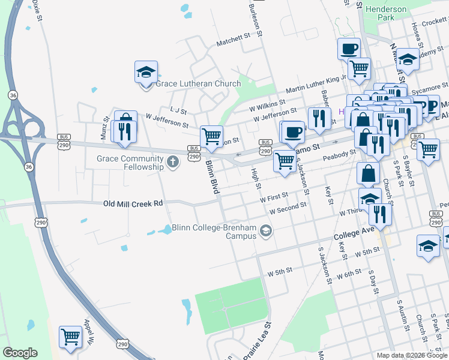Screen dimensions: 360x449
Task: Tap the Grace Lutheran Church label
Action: [198, 83]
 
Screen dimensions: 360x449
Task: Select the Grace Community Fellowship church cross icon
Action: [173, 162]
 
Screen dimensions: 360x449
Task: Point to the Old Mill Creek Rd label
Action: [133, 204]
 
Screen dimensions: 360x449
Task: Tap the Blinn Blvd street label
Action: [212, 176]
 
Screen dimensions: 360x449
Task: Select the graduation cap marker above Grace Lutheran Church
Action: [146, 72]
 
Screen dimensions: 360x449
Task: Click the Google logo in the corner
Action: [19, 353]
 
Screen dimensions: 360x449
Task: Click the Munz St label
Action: [104, 129]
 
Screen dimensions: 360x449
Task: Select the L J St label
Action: [179, 111]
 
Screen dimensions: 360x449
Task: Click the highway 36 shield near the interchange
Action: [13, 95]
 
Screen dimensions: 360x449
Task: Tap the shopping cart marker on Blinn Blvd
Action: [211, 136]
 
